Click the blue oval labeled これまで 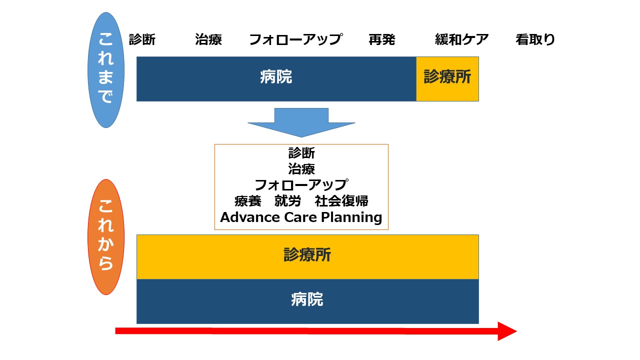tap(105, 70)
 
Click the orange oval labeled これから tap(105, 237)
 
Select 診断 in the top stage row tap(142, 39)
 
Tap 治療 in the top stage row tap(208, 39)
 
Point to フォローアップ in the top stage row tap(295, 39)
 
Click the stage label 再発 tap(381, 39)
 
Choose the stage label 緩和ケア tap(461, 39)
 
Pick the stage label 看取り tap(535, 39)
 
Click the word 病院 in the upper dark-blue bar tap(276, 77)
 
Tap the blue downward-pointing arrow tap(301, 123)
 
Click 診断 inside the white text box tap(301, 153)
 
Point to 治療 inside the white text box tap(301, 168)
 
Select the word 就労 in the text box tap(287, 201)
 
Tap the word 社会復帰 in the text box tap(341, 201)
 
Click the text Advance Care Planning tap(301, 217)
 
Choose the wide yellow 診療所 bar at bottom tap(307, 256)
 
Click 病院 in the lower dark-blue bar tap(307, 300)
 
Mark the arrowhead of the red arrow tap(507, 331)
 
